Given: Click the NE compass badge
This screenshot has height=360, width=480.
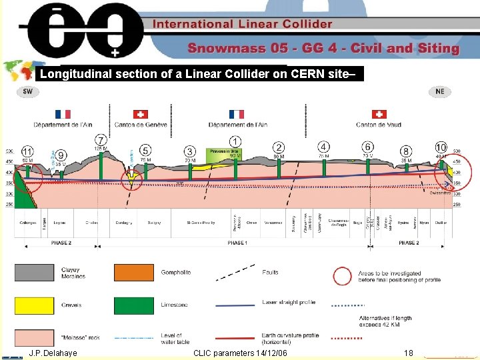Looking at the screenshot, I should click(x=440, y=91).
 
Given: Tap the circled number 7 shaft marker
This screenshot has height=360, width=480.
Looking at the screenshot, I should click(x=101, y=139).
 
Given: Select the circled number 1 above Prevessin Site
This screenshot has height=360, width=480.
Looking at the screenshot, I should click(x=235, y=141).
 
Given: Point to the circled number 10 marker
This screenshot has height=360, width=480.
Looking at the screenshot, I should click(x=441, y=147).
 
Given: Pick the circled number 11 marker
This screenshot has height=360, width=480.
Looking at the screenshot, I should click(x=28, y=151).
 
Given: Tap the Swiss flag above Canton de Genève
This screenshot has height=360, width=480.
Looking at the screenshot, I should click(x=141, y=114).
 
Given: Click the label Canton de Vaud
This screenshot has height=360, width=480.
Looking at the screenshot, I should click(x=379, y=125).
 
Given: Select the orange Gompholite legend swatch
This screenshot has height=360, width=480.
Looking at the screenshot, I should click(x=134, y=273).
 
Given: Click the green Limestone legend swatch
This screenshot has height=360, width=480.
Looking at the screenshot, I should click(x=134, y=305).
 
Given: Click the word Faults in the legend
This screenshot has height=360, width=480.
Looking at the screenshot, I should click(x=271, y=273).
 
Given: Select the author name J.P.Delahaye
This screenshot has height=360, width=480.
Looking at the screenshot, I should click(x=53, y=352).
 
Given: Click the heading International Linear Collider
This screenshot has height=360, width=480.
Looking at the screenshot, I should click(x=243, y=24).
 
